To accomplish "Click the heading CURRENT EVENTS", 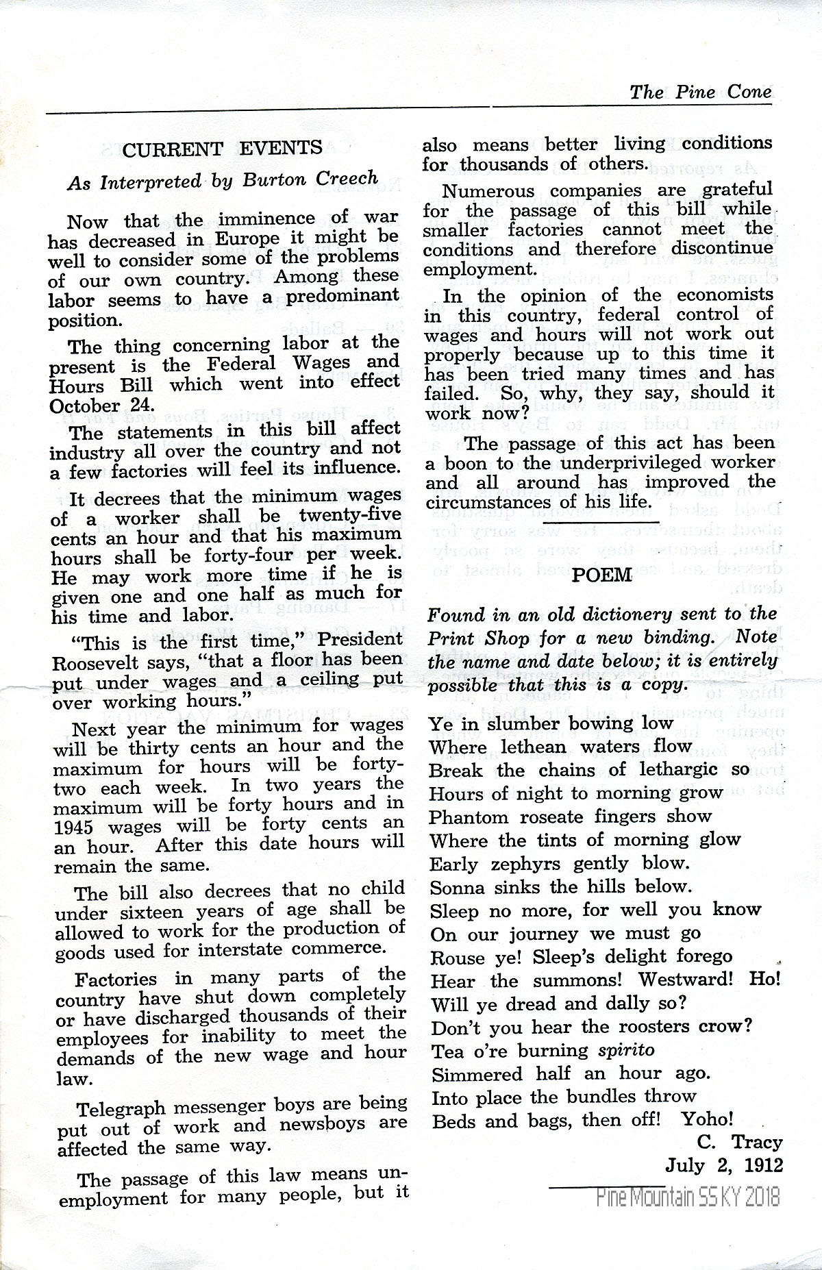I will (x=223, y=149).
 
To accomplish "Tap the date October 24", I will (x=102, y=405).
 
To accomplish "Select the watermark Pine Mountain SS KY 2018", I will (x=688, y=1197).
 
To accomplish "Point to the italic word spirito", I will (x=626, y=1049).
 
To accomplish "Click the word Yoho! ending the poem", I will (x=708, y=1119).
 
